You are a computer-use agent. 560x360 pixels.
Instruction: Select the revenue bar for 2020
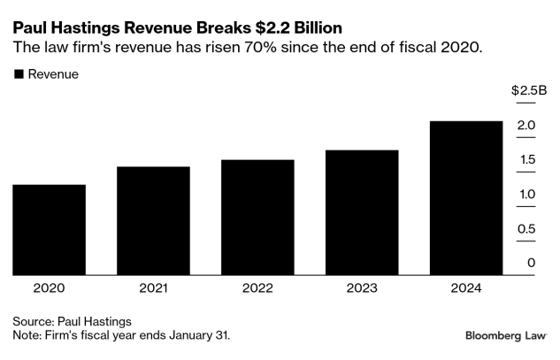[49, 229]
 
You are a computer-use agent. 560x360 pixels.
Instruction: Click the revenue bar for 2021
[153, 220]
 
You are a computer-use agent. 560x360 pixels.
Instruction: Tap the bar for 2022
[257, 217]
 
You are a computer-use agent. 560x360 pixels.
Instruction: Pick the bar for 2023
[362, 212]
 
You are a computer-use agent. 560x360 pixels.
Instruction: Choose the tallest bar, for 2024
[466, 197]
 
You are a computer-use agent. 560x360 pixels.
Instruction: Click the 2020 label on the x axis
[49, 287]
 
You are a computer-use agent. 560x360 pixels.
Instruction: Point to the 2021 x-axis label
[153, 287]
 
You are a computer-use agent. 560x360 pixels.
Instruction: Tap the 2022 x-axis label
[257, 287]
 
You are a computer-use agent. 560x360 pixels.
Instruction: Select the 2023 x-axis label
[362, 287]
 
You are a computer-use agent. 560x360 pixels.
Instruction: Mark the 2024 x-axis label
[466, 287]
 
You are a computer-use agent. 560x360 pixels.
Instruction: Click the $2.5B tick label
[529, 91]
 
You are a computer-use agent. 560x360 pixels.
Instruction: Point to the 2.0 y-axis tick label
[526, 126]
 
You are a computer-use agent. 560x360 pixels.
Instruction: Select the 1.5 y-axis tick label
[526, 160]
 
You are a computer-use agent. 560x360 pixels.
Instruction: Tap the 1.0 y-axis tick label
[526, 195]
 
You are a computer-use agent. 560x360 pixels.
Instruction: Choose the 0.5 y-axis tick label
[526, 229]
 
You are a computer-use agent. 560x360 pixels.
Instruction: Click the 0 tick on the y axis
[531, 263]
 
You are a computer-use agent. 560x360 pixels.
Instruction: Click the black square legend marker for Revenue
[18, 74]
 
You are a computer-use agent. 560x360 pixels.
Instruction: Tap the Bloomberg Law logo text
[505, 336]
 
